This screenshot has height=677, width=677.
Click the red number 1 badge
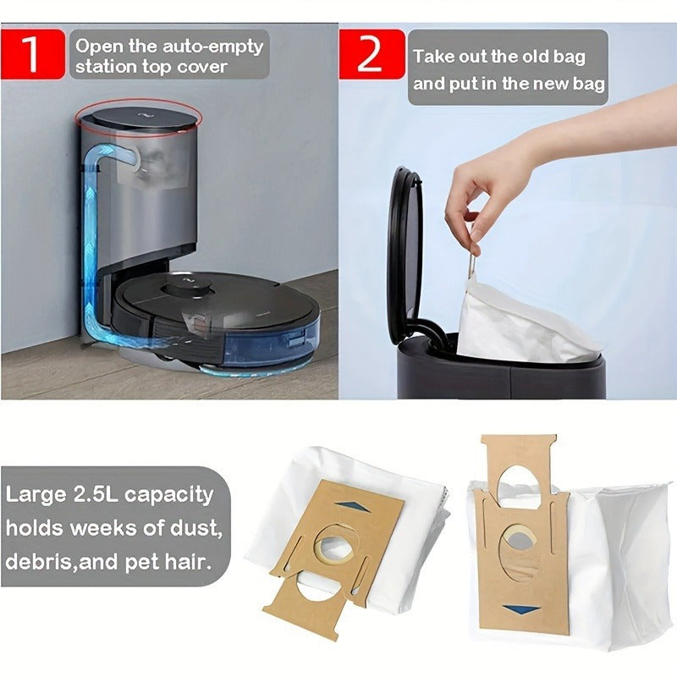tap(32, 54)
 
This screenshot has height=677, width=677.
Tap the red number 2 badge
tap(370, 54)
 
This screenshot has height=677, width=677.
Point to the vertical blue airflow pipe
tap(91, 245)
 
